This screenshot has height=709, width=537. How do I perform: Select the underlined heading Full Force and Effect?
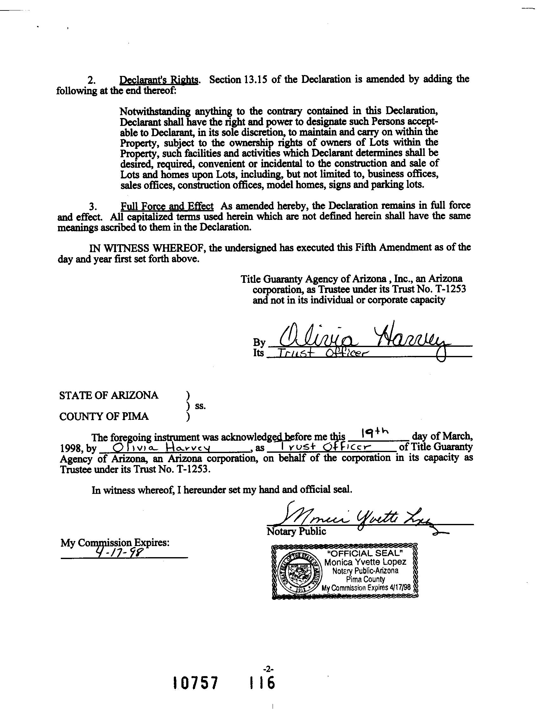[167, 206]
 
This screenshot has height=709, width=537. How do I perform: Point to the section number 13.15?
[254, 79]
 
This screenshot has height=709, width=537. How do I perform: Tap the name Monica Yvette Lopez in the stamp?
[365, 562]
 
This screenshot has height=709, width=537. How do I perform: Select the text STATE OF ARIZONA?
[109, 395]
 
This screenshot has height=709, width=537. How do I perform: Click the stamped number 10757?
[195, 683]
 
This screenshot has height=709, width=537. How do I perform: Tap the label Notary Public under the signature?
[296, 532]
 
